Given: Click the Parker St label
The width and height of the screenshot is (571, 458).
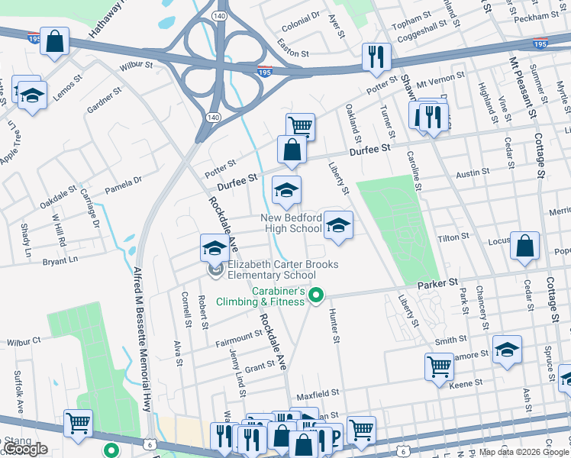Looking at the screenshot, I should tap(436, 283).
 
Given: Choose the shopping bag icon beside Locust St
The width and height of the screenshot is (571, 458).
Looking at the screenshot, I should tap(525, 246).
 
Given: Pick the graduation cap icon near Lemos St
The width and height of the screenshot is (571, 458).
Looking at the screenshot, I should tap(32, 95).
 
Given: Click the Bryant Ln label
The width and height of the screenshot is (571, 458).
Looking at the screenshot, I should tap(60, 260).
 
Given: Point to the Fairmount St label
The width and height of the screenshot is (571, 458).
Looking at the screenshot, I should tap(238, 335).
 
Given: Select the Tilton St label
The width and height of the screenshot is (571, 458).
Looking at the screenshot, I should tap(452, 238).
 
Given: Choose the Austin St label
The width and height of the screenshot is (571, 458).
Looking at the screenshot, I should tap(466, 175).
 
